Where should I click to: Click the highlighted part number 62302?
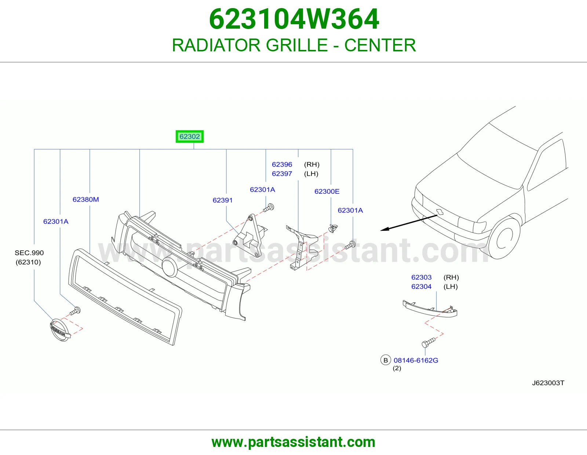(189, 136)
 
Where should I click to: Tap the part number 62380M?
(85, 199)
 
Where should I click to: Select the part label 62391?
(222, 200)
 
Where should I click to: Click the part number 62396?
(282, 164)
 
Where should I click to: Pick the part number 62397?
(282, 174)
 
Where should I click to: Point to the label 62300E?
(327, 191)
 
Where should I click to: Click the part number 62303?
(422, 277)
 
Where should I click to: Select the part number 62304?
(422, 287)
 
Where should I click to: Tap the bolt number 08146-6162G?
(416, 360)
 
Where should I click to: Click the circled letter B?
(386, 360)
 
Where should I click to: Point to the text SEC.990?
(29, 252)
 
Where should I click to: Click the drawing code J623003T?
(548, 383)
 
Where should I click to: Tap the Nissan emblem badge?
(60, 330)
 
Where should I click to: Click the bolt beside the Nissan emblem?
(75, 311)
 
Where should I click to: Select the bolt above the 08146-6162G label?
(428, 342)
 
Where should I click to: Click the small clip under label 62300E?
(333, 229)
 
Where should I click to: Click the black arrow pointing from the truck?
(409, 223)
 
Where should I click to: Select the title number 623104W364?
(294, 19)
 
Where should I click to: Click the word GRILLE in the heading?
(296, 45)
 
